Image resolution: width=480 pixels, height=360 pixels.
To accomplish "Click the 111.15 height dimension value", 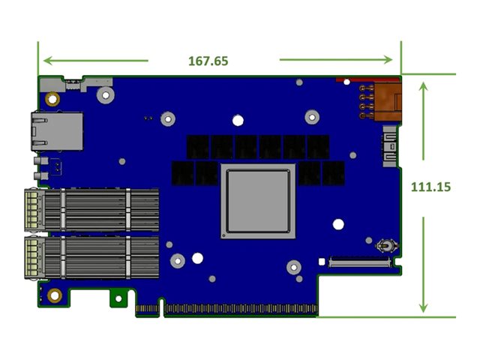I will [430, 187].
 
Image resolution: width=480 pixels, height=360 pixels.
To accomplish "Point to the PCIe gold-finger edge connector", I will [238, 308].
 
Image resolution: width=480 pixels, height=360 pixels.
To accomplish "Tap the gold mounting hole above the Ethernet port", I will [52, 98].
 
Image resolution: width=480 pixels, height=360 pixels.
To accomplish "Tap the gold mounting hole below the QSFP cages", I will [54, 295].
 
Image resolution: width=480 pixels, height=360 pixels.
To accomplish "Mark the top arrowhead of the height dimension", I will [424, 85].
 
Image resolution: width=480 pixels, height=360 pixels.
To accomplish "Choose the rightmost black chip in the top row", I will [318, 146].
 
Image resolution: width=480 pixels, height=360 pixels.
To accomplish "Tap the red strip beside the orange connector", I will [353, 78].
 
